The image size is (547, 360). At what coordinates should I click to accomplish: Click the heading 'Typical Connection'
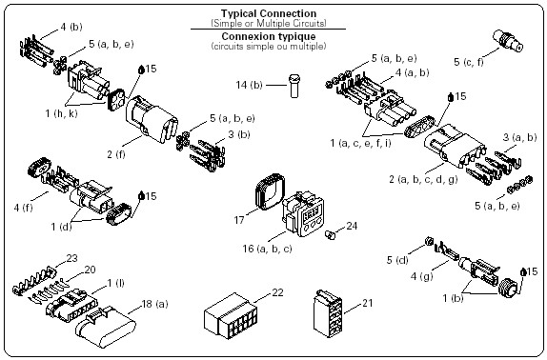(269, 13)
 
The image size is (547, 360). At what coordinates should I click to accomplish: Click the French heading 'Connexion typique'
(269, 36)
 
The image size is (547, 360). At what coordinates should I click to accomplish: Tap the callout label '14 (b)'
(249, 85)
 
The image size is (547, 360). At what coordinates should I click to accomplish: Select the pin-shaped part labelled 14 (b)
(294, 86)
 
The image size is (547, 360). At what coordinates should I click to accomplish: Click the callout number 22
(277, 292)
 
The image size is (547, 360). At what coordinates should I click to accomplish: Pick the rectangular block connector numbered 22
(231, 316)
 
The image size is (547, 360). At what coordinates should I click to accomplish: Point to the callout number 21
(367, 303)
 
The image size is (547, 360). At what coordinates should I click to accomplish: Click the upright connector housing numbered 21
(328, 313)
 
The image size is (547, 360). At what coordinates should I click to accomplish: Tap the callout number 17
(239, 220)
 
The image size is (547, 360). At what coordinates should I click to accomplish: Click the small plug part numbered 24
(330, 235)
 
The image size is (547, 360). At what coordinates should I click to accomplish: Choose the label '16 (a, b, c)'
(267, 249)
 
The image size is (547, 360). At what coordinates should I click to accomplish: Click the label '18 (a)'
(155, 304)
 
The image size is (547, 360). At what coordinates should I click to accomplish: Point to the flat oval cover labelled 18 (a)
(106, 327)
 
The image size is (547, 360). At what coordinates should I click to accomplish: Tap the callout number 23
(71, 258)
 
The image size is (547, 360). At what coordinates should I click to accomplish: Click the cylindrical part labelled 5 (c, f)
(508, 41)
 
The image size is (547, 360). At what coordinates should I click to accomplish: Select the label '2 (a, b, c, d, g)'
(423, 179)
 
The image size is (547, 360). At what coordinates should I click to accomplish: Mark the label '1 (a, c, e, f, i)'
(361, 143)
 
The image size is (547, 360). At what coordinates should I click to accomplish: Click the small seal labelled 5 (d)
(429, 241)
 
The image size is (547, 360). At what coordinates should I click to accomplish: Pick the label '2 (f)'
(116, 154)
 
